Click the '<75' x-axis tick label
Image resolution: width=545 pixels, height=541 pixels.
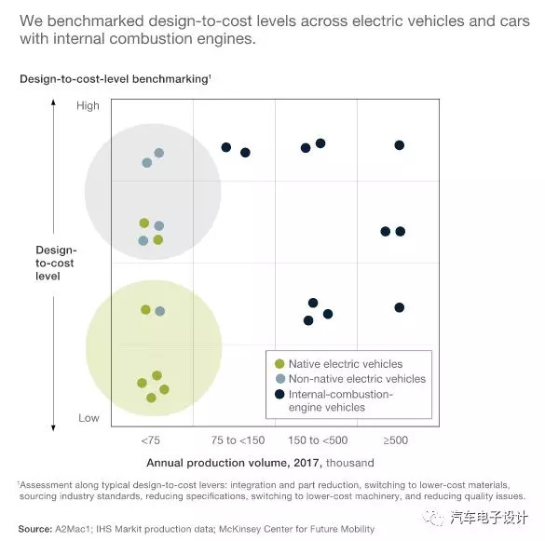pos(151,440)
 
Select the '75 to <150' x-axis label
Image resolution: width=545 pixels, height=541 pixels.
pos(238,440)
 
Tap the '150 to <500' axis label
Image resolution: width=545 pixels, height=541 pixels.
pos(318,440)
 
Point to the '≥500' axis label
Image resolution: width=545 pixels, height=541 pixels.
pos(396,440)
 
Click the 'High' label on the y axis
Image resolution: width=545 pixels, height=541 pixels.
pos(88,105)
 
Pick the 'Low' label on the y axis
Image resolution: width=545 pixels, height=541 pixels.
pos(89,418)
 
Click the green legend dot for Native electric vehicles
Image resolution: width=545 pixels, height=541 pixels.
pos(279,364)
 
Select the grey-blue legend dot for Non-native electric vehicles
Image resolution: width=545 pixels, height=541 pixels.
pos(280,379)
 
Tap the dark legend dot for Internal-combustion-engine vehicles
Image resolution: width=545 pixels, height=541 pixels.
pos(279,394)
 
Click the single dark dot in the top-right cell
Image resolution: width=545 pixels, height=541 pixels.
pos(400,145)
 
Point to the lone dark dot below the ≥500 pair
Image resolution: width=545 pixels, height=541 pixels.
pos(400,307)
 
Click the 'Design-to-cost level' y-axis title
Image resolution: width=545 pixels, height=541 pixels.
pos(56,263)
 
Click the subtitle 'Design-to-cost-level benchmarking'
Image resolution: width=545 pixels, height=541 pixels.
pos(115,79)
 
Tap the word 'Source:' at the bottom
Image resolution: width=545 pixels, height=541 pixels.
pos(35,529)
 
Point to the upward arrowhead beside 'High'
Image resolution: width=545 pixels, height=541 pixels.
pos(53,101)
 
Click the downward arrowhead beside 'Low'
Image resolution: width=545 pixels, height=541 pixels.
pos(53,428)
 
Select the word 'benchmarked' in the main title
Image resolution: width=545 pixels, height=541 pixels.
pos(95,21)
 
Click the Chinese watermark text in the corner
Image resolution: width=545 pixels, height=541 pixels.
pos(489,518)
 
